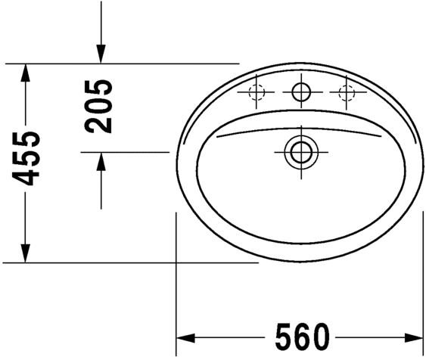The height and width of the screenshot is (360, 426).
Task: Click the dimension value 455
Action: point(26,159)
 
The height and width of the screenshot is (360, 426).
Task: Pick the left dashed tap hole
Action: point(256,93)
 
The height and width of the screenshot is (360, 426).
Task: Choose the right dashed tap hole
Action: point(347,93)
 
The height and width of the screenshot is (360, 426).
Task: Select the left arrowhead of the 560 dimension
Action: point(186,335)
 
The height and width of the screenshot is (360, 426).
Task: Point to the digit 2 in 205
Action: point(99,124)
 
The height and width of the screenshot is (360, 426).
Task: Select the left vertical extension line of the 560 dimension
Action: point(176,287)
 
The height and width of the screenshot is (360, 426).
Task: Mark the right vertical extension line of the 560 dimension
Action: point(422,287)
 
